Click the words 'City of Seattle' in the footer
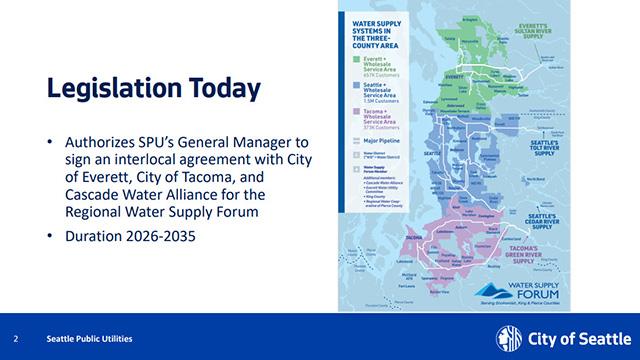tap(577, 338)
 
